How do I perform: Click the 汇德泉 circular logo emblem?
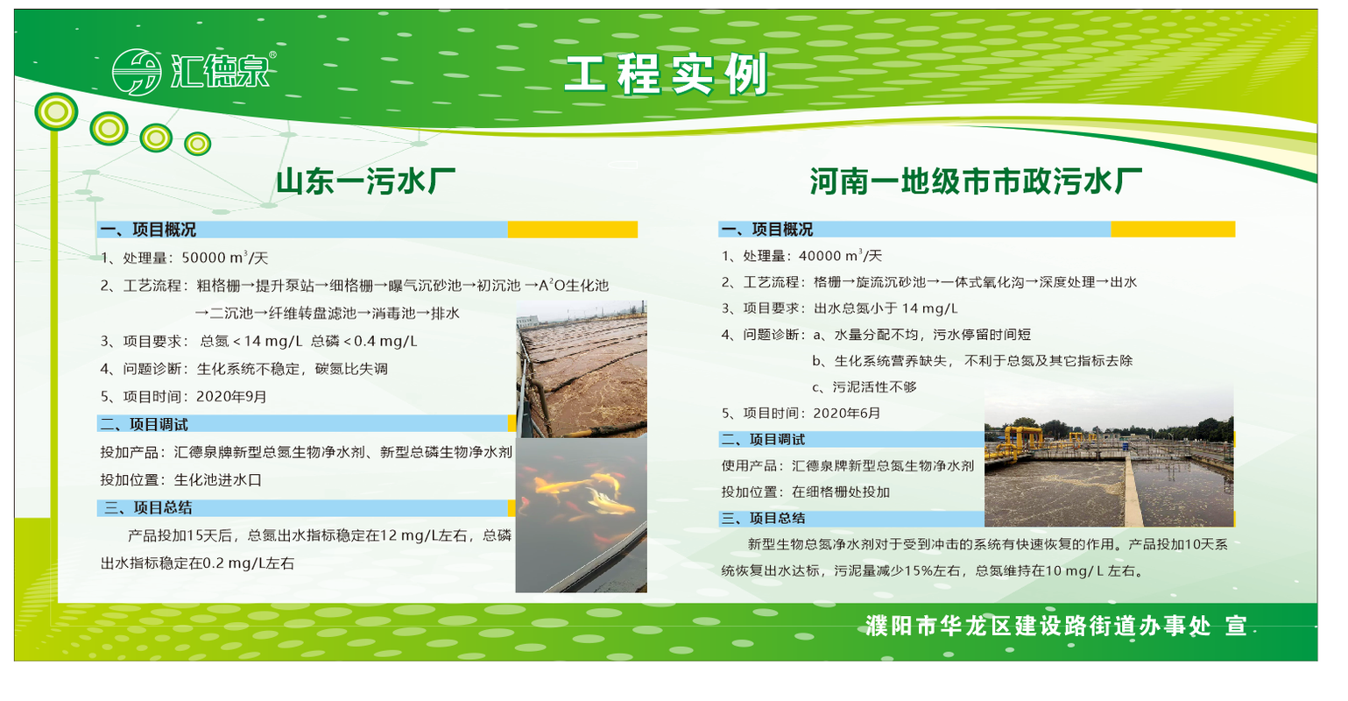(138, 72)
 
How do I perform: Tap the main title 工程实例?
(667, 74)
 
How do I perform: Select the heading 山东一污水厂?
(365, 181)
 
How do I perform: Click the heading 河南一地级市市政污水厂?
(976, 181)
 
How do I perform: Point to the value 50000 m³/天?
(225, 258)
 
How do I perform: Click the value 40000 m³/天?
(840, 256)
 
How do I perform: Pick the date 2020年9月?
(231, 396)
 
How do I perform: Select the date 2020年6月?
(847, 413)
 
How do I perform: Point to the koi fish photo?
(582, 515)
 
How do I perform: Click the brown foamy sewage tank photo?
(582, 369)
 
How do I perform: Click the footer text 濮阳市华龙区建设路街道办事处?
(1039, 626)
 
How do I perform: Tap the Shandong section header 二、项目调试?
(144, 425)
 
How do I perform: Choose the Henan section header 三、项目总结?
(763, 519)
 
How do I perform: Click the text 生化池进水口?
(218, 480)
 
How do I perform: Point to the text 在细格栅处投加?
(841, 492)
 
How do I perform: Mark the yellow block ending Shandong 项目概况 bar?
(572, 230)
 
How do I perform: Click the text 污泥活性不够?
(874, 387)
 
